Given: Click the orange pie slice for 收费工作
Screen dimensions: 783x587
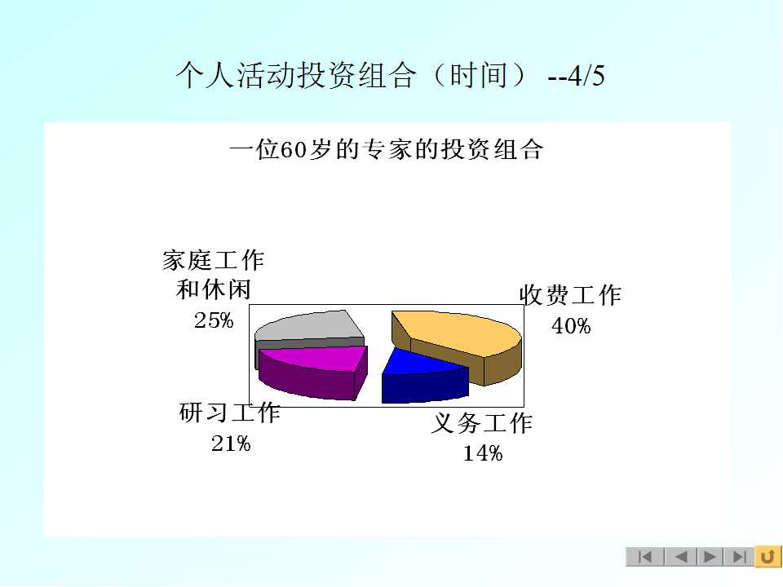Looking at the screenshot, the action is (x=457, y=344).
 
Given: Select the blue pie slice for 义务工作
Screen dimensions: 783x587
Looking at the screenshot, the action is (x=424, y=377).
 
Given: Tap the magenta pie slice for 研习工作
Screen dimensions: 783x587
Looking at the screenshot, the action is (x=313, y=372).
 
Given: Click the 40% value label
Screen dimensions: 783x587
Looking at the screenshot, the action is (x=571, y=326).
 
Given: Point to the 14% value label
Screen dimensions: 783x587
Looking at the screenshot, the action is (x=483, y=453).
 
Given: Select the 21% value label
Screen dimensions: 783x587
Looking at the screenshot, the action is (x=231, y=444).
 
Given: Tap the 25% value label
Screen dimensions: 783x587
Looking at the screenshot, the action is (x=214, y=320).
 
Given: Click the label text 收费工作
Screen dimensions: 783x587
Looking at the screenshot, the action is (x=570, y=295).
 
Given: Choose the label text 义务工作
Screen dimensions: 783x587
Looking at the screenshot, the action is (x=482, y=423).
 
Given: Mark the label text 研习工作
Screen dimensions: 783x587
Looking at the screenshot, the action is (x=230, y=413).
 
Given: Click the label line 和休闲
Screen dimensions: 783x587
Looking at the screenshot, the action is (x=213, y=289).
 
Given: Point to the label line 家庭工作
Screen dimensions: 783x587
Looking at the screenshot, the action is (x=213, y=260).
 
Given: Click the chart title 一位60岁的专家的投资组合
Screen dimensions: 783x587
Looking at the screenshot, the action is (x=386, y=149).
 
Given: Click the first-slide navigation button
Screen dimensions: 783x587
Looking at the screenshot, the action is (x=644, y=556).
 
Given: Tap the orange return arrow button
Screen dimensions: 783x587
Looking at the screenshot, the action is (x=768, y=556).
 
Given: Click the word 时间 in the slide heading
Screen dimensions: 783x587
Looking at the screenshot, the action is (x=479, y=75).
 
